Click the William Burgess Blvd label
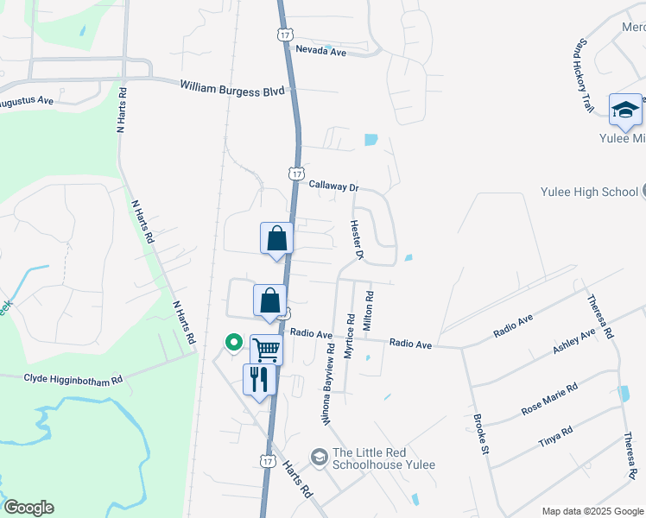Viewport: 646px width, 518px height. click(x=232, y=87)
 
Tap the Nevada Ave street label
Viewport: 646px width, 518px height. click(x=320, y=52)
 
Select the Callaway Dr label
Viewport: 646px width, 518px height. click(x=333, y=186)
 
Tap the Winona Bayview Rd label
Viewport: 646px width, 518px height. click(x=328, y=386)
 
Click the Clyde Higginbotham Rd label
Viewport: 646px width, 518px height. click(x=73, y=378)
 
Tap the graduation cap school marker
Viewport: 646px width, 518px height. click(x=625, y=110)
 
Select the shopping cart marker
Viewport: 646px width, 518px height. click(x=266, y=350)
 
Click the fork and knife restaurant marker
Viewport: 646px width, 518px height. click(x=259, y=378)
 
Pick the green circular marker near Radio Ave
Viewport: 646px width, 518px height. click(x=232, y=343)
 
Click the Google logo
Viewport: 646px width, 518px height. click(x=28, y=508)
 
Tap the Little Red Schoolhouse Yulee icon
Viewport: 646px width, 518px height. click(x=320, y=455)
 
